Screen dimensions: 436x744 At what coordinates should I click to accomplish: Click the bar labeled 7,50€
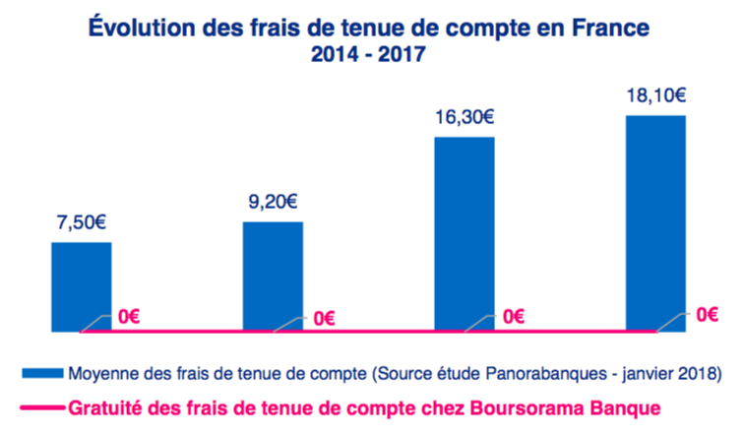pos(81,285)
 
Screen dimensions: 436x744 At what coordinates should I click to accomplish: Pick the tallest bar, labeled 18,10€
pos(655,222)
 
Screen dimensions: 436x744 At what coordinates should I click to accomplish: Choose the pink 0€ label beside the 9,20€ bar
pos(325,318)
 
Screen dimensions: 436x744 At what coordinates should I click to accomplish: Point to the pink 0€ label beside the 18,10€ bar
pos(706,316)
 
